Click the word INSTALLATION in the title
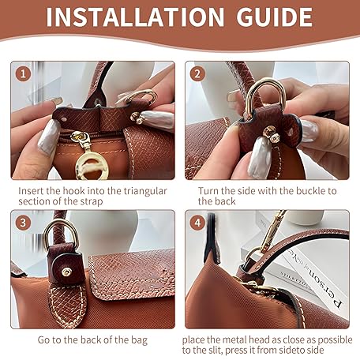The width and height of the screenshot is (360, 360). (135, 17)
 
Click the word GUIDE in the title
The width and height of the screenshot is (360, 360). (275, 17)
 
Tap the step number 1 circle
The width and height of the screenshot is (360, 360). (24, 73)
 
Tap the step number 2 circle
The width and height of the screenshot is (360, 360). (197, 73)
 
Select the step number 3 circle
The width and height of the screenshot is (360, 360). (23, 223)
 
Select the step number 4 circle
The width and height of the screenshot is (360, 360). (197, 223)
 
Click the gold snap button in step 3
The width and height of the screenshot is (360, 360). (66, 272)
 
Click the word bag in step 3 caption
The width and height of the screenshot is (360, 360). (139, 340)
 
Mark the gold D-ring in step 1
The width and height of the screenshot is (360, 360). (142, 96)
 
